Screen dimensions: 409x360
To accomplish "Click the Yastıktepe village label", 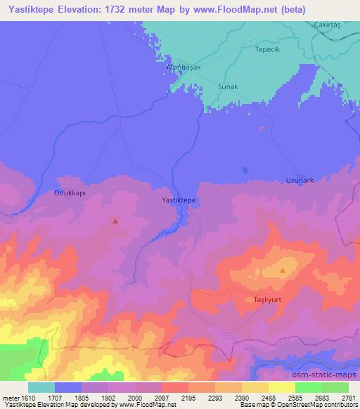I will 179,200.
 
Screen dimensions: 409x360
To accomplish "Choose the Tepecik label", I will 268,51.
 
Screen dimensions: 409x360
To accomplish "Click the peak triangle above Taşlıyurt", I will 283,270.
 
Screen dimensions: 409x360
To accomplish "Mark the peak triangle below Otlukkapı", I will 115,221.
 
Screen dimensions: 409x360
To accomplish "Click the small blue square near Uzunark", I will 245,169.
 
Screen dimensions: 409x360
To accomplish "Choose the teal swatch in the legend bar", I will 41,387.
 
